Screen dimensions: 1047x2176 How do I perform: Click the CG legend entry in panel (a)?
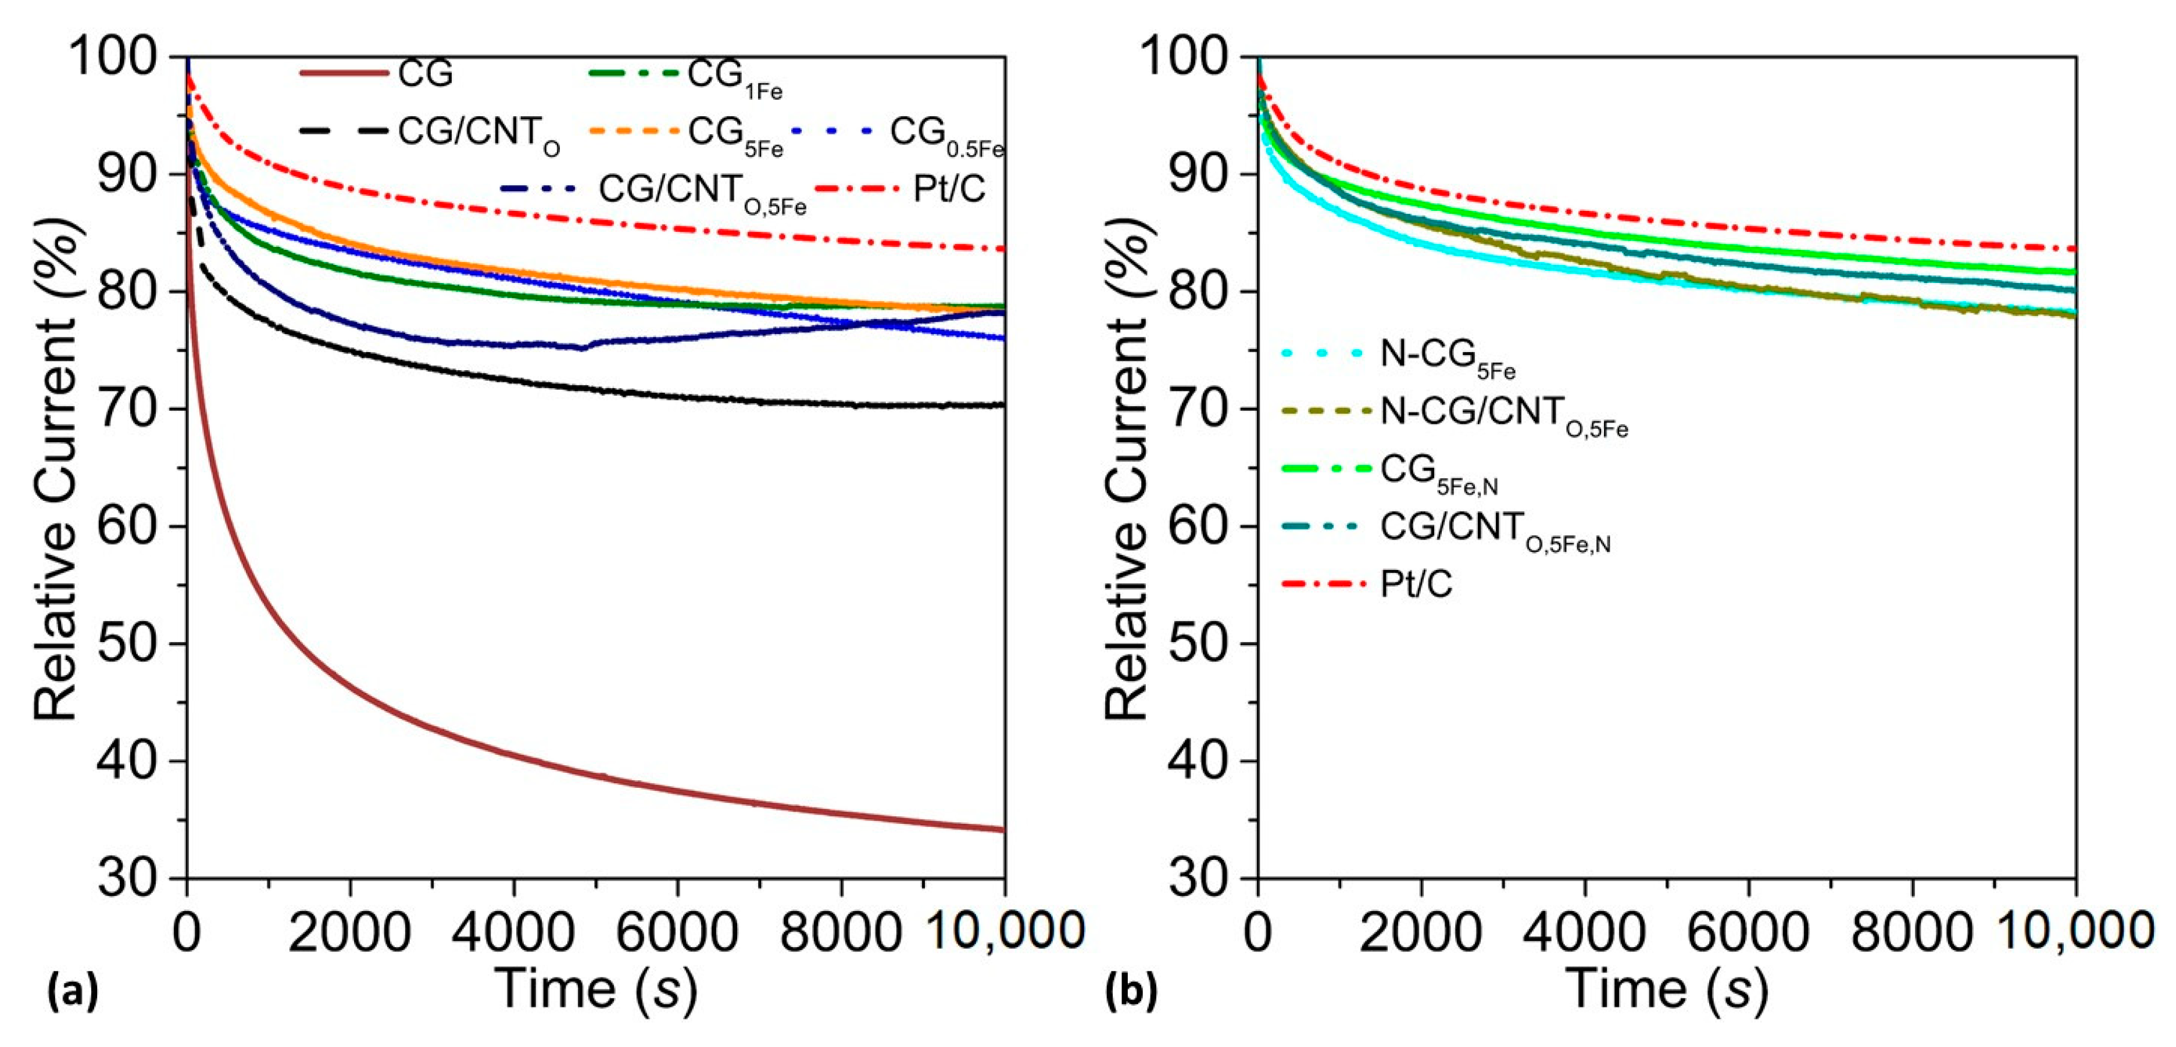click(425, 74)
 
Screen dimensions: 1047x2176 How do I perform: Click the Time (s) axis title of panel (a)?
click(595, 988)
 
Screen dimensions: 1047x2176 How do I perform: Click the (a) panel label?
click(73, 991)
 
